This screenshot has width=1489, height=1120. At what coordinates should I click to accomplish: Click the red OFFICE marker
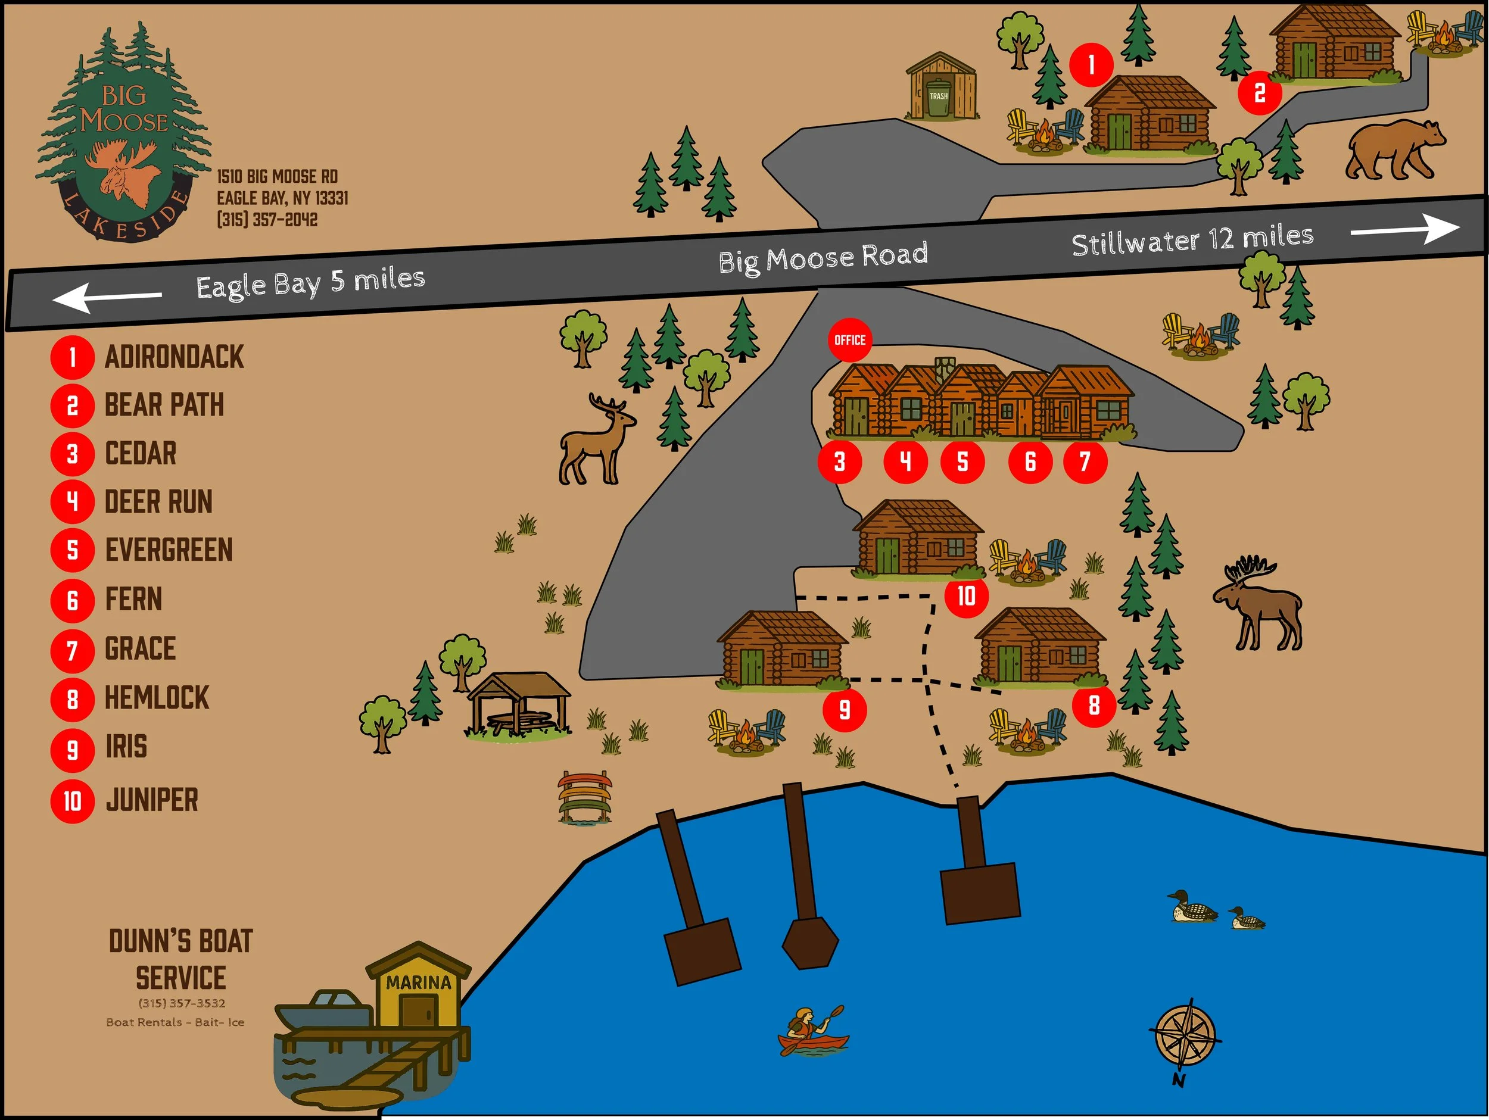coord(849,340)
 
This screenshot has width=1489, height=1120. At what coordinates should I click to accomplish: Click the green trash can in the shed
coord(938,98)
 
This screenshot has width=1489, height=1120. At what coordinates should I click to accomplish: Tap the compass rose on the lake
coord(1185,1037)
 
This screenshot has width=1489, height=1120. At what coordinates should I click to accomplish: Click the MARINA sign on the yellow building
coord(418,982)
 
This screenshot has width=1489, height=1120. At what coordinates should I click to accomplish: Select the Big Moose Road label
coord(823,257)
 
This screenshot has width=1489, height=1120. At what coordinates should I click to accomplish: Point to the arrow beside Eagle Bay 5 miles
coord(108,297)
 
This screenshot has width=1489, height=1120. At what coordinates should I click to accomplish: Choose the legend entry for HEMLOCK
coord(157,698)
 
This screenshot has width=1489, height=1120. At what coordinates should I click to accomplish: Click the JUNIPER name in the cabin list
coord(152,800)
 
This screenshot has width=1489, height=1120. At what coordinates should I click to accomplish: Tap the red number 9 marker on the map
coord(844,709)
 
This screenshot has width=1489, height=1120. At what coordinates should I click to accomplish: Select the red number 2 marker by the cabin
coord(1260,93)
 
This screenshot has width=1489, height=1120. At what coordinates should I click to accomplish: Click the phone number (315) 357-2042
coord(267,220)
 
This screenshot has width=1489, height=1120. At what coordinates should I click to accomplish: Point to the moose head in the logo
coord(122,171)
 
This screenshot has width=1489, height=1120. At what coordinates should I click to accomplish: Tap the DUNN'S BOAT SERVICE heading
coord(180,959)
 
